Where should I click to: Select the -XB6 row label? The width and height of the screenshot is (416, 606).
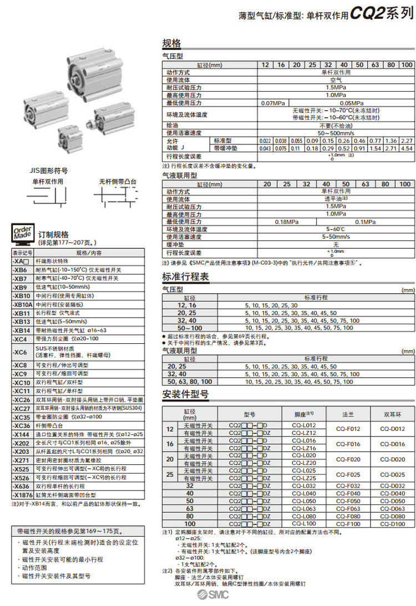(x=21, y=269)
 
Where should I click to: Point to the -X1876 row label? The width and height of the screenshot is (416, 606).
(x=22, y=494)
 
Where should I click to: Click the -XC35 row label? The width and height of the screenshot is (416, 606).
(x=22, y=417)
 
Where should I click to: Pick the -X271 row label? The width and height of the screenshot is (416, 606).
(x=21, y=460)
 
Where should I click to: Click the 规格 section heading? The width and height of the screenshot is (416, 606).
(x=171, y=43)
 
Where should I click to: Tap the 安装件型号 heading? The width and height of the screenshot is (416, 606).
(x=185, y=394)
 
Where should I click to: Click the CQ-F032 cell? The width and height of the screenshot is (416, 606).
(x=348, y=485)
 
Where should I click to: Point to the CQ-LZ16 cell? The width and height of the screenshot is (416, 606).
(x=303, y=448)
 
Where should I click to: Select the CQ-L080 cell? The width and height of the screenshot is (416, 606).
(x=303, y=516)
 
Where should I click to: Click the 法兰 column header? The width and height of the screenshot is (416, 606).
(x=348, y=414)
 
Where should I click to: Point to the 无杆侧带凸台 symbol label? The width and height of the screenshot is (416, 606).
(x=118, y=182)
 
